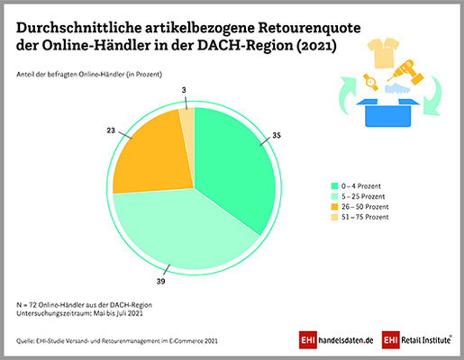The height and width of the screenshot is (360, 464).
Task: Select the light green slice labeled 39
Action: tap(183, 228)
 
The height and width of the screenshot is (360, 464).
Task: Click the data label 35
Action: tap(277, 136)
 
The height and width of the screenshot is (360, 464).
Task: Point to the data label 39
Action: tap(161, 282)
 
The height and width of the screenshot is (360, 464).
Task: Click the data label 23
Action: tap(111, 130)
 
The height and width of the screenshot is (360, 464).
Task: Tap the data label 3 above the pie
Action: tap(184, 90)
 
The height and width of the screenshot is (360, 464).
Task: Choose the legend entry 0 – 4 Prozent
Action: tap(356, 186)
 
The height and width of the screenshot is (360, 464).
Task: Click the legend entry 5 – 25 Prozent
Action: tap(358, 196)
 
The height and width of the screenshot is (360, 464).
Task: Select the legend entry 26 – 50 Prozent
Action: tap(359, 207)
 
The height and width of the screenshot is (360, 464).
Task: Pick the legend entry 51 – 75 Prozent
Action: tap(359, 217)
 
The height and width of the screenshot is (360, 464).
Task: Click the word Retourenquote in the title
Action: tap(309, 28)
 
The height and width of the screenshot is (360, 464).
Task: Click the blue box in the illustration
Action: tap(387, 112)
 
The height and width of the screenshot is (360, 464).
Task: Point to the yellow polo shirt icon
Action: tap(384, 52)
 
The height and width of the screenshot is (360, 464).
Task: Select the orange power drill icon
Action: tap(406, 72)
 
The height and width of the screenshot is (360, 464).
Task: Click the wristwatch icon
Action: tap(371, 82)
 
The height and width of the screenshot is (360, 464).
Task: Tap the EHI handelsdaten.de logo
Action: tap(336, 340)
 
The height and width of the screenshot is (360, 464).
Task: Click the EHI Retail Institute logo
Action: tap(417, 340)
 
